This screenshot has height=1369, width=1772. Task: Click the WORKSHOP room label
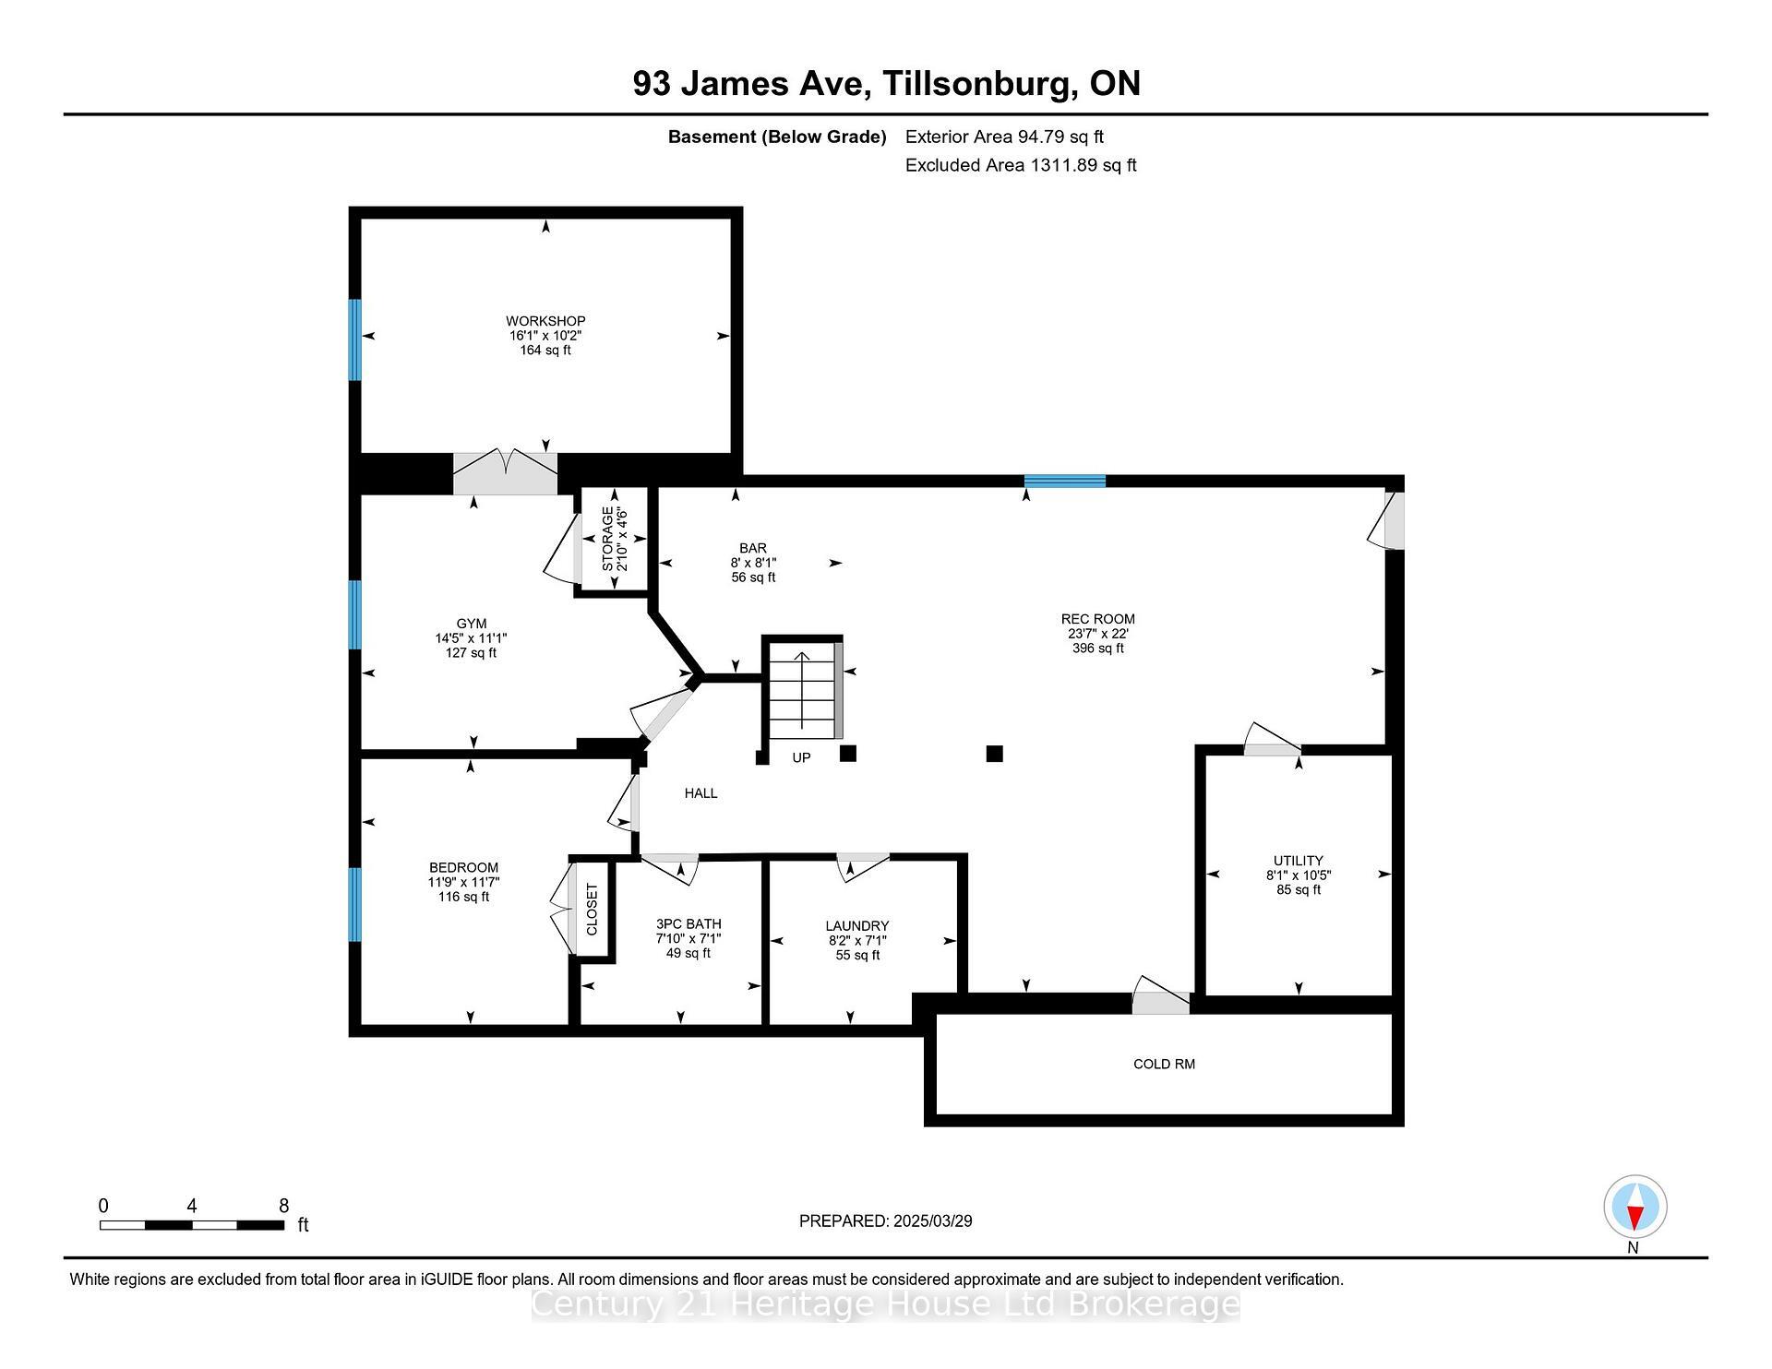[545, 322]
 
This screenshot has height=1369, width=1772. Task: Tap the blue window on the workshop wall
[354, 339]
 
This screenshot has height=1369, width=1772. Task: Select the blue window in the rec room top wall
[1064, 481]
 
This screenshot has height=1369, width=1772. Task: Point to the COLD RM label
[1164, 1064]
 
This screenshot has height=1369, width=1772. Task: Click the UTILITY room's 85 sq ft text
[1298, 890]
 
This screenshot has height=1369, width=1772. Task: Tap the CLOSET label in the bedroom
[592, 909]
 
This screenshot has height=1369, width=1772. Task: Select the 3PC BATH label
[688, 924]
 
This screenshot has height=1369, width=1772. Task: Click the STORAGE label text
[608, 539]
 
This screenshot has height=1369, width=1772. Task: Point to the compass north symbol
[1634, 1207]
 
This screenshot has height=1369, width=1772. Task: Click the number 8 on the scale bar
[284, 1206]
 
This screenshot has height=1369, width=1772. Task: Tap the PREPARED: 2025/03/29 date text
[885, 1221]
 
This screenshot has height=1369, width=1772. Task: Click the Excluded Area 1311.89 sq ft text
[1020, 165]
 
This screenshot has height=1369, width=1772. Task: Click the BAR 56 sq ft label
[753, 577]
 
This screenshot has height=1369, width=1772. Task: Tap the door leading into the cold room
[1161, 997]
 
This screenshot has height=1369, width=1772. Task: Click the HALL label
[700, 793]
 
